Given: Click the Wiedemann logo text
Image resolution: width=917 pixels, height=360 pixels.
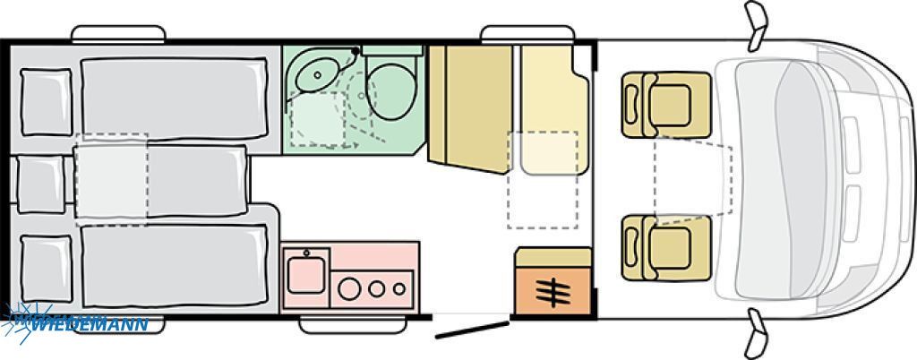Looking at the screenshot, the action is pyautogui.click(x=88, y=324).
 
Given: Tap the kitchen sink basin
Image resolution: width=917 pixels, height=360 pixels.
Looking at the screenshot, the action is pyautogui.click(x=305, y=275).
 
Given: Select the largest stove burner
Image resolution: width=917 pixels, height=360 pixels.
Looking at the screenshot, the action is pyautogui.click(x=349, y=288).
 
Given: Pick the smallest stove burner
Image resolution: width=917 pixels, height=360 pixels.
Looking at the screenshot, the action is pyautogui.click(x=399, y=288).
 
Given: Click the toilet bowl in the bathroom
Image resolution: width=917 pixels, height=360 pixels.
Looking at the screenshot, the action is pyautogui.click(x=392, y=91).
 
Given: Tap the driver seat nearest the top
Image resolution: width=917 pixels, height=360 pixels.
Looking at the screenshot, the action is pyautogui.click(x=666, y=105).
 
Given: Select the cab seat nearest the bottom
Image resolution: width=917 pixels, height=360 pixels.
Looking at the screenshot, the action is pyautogui.click(x=666, y=248).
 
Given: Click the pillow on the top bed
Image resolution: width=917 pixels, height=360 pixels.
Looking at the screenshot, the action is pyautogui.click(x=47, y=102).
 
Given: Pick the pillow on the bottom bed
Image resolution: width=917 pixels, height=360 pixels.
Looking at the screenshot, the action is pyautogui.click(x=47, y=269).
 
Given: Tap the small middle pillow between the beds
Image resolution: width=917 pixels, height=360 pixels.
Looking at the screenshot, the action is pyautogui.click(x=41, y=184).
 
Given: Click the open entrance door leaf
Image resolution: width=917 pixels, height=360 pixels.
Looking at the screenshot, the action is pyautogui.click(x=472, y=330).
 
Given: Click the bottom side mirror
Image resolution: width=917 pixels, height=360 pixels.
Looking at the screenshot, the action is pyautogui.click(x=756, y=334).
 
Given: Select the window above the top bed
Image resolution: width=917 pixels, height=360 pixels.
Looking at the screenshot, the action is pyautogui.click(x=119, y=34).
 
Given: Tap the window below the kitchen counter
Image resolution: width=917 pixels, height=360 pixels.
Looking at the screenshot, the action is pyautogui.click(x=353, y=325).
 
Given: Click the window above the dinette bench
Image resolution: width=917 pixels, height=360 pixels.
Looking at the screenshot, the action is pyautogui.click(x=527, y=34).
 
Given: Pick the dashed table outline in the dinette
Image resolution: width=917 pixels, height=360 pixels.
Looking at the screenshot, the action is pyautogui.click(x=543, y=180).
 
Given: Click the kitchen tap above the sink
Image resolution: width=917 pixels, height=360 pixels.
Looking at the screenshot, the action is pyautogui.click(x=306, y=253).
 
